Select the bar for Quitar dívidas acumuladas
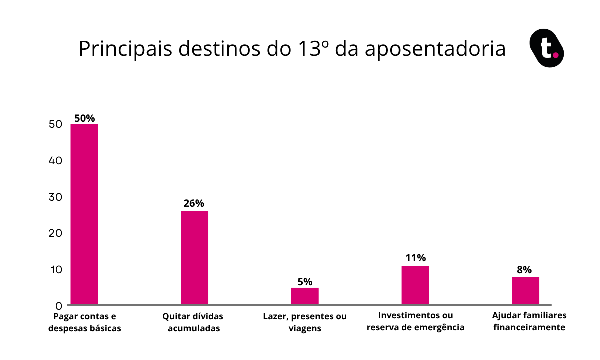click(194, 257)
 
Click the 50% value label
click(84, 118)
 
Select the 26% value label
click(194, 203)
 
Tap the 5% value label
click(305, 281)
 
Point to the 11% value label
click(415, 258)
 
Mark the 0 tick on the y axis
click(59, 305)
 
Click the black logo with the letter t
click(546, 48)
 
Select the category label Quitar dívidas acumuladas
click(193, 322)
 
